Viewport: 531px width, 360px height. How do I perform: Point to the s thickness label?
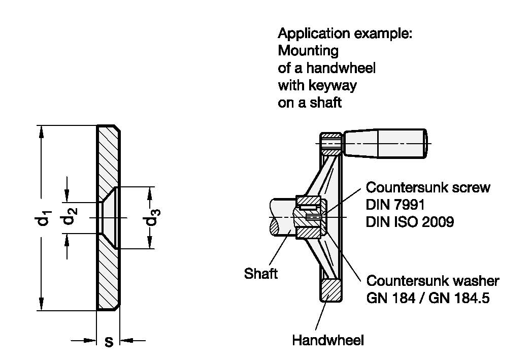pos(108,341)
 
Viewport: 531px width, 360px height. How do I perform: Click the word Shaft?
pos(261,274)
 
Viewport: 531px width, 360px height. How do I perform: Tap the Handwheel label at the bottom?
pos(327,340)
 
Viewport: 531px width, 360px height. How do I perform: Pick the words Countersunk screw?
pos(428,187)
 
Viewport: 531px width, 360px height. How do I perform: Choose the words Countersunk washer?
pos(433,281)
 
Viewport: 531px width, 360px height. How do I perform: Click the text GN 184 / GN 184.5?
pos(427,298)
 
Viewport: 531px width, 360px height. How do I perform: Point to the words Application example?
pos(345,34)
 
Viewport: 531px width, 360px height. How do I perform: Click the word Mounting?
pos(308,51)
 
